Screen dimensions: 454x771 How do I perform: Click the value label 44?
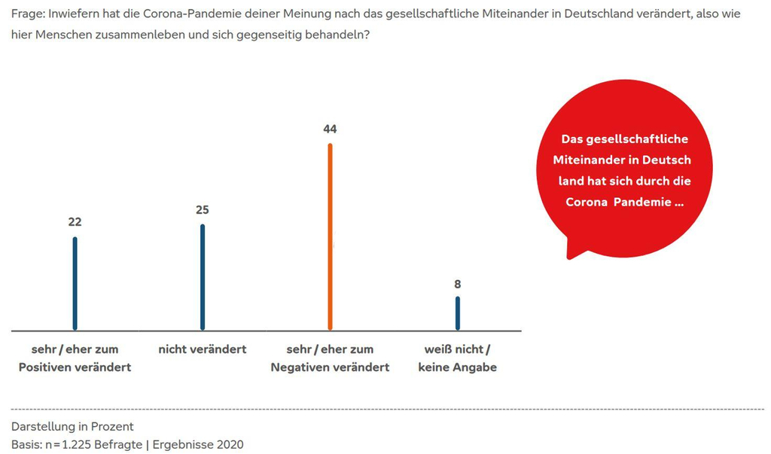click(x=330, y=129)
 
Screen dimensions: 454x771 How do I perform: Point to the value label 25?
click(x=202, y=210)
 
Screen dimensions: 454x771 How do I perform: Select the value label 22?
click(x=75, y=222)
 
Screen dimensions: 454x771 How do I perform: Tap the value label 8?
click(x=457, y=284)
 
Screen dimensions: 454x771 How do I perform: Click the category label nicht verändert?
click(x=203, y=349)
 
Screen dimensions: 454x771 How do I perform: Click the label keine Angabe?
click(x=457, y=367)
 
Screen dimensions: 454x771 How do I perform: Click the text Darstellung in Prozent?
click(x=72, y=426)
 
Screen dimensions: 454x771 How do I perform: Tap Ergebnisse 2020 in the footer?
click(x=198, y=444)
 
